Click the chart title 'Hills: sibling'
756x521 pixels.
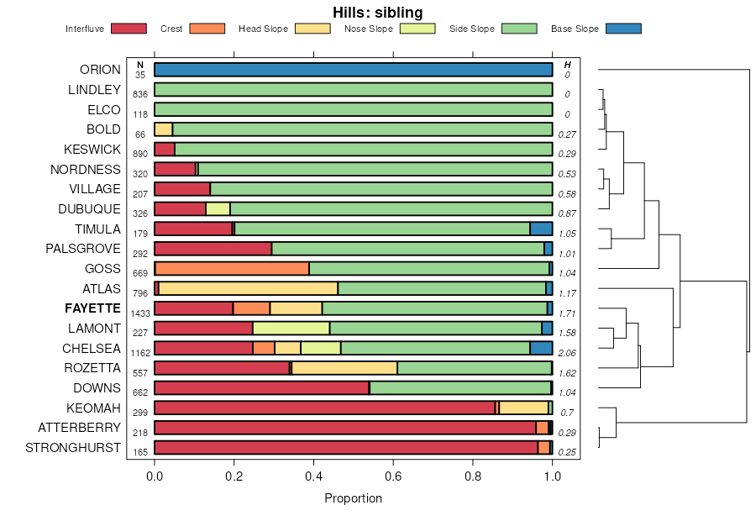(377, 12)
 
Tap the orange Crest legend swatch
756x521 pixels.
(207, 29)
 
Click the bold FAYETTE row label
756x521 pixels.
(92, 308)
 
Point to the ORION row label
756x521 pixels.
(100, 70)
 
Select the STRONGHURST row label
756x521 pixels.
(73, 448)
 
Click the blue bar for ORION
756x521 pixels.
(353, 70)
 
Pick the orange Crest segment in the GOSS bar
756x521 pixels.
(232, 269)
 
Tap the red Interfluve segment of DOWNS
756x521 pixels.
(261, 388)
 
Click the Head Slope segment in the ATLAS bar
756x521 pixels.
(248, 288)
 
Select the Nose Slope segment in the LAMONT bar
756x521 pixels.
(291, 329)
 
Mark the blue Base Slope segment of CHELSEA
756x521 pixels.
(541, 348)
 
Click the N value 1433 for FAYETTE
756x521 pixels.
(139, 313)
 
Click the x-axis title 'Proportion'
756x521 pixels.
(353, 498)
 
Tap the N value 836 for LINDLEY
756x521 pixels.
(140, 94)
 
